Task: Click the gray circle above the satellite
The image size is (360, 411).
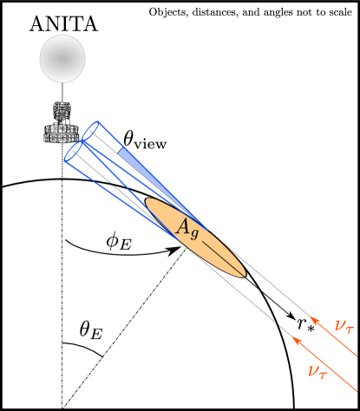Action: click(62, 59)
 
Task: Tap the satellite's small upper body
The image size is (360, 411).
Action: click(62, 113)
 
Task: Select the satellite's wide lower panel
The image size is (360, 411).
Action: click(62, 134)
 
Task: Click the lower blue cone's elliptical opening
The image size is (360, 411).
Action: click(75, 153)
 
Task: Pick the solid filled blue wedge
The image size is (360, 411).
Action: click(131, 158)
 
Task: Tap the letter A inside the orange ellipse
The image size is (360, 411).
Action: click(183, 227)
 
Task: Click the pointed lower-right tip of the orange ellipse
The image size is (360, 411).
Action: click(244, 276)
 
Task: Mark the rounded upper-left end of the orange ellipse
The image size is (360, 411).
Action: click(148, 204)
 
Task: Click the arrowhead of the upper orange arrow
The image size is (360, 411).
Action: click(313, 319)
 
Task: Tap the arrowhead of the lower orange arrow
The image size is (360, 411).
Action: click(296, 341)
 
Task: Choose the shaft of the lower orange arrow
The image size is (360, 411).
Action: click(326, 365)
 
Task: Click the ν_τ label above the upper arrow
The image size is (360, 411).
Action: click(344, 325)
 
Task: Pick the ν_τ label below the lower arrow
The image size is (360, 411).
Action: click(317, 370)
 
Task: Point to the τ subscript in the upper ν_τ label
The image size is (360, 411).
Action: click(349, 329)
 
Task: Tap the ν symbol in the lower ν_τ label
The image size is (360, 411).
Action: click(312, 369)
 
